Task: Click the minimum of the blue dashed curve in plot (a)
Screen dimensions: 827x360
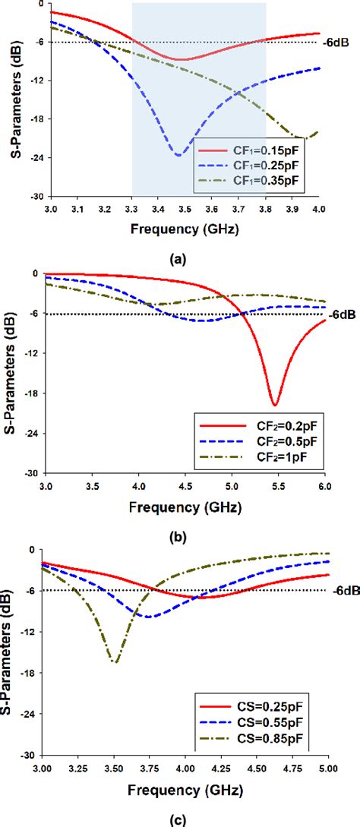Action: click(x=178, y=155)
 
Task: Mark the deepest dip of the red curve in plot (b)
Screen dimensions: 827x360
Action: click(x=275, y=405)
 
